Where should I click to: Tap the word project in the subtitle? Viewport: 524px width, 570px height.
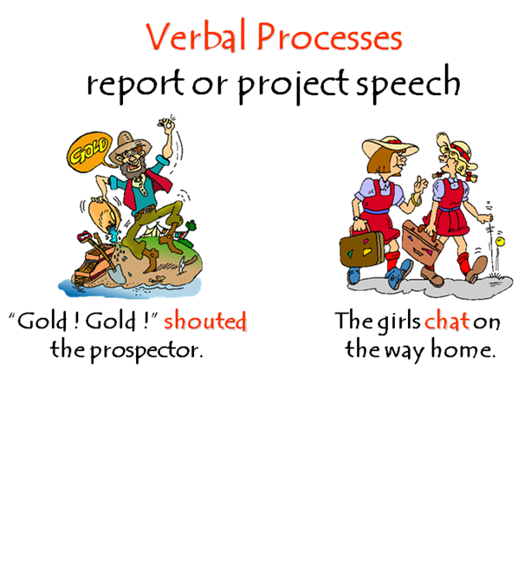click(284, 85)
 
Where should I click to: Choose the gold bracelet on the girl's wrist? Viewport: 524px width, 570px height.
click(417, 200)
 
